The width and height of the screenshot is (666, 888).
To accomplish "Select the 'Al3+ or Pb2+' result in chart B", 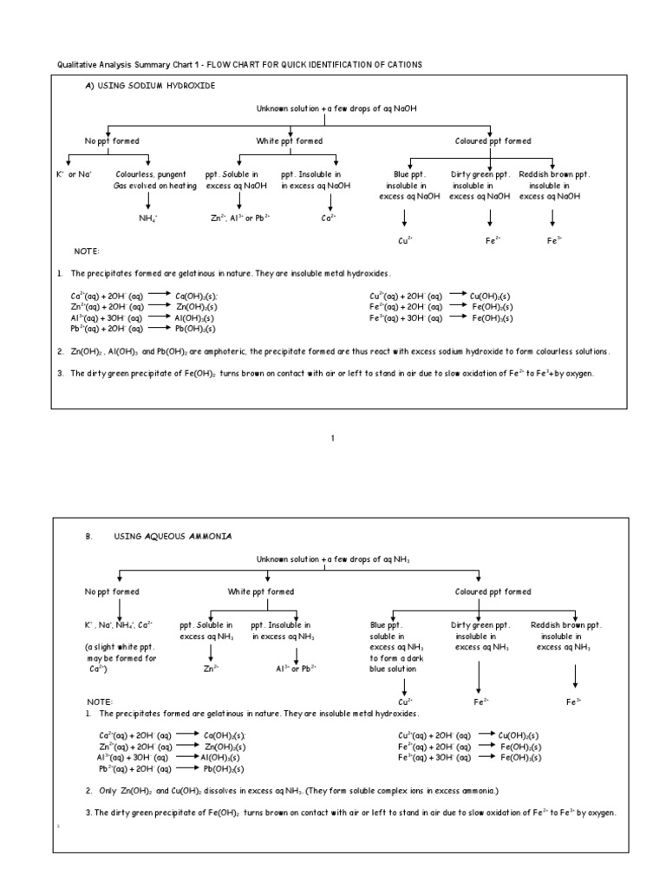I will coord(296,669).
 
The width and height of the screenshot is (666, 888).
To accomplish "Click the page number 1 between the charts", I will coord(332,438).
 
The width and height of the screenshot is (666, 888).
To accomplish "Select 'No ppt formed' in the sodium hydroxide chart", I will coord(112,140).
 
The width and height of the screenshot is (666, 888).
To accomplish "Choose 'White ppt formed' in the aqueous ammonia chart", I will coord(261,591).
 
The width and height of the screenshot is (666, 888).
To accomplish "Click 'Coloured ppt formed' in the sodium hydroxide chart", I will coord(493,140).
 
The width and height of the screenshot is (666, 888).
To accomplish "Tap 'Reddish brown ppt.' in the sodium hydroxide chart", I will coord(554,174).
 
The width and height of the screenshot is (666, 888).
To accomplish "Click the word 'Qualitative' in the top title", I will coord(75,66).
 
